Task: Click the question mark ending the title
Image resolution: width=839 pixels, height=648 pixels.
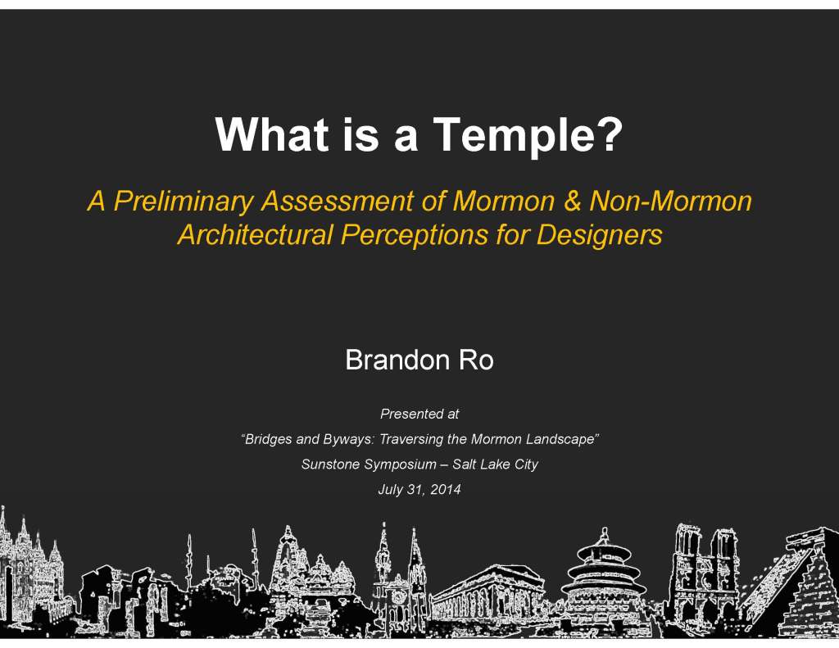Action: pyautogui.click(x=607, y=134)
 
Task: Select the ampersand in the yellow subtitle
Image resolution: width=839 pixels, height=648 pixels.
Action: pyautogui.click(x=573, y=201)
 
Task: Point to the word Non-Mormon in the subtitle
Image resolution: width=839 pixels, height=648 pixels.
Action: pyautogui.click(x=670, y=201)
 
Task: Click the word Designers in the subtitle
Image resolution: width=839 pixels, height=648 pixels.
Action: pyautogui.click(x=599, y=235)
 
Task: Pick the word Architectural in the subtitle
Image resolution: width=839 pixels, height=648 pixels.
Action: pyautogui.click(x=256, y=235)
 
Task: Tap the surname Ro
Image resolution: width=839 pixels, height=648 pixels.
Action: pyautogui.click(x=475, y=360)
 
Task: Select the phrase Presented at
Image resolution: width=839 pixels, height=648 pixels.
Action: pyautogui.click(x=419, y=415)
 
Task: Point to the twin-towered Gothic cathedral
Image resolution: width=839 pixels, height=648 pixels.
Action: pyautogui.click(x=705, y=573)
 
